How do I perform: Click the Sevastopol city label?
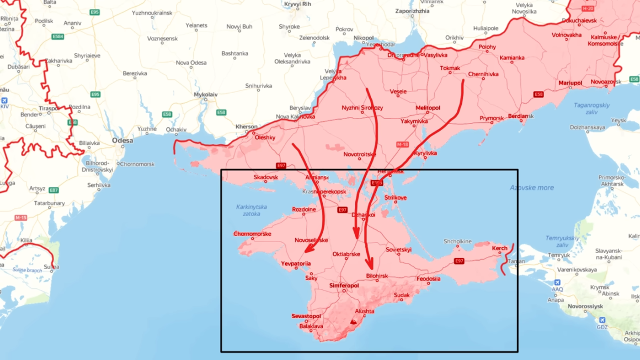pos(306,316)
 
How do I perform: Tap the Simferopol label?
pos(344,286)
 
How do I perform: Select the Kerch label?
pos(500,248)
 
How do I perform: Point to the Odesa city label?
pos(122,141)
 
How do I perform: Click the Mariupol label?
pos(570,83)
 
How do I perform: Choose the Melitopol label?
pos(428,108)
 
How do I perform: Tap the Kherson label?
pos(247,127)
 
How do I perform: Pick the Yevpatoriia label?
pos(296,264)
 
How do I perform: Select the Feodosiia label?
pos(428,279)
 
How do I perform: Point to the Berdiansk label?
pos(518,116)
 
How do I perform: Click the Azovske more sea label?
pos(532,188)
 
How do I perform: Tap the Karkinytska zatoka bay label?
pos(251,210)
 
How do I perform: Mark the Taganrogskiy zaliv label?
pos(591,108)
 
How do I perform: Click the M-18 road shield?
pos(402,144)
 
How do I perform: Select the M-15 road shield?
pos(21,218)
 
